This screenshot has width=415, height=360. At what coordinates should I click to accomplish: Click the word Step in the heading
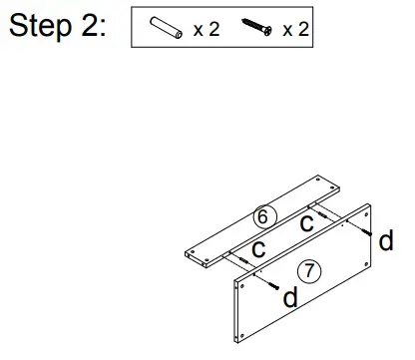43,26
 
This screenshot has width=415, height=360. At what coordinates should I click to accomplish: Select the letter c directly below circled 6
256,248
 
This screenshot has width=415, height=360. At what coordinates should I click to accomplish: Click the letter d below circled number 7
290,297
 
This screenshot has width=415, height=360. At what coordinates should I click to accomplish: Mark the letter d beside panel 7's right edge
387,240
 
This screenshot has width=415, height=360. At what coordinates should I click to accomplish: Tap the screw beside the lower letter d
271,282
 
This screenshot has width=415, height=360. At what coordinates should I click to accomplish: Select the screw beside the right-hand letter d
369,231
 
